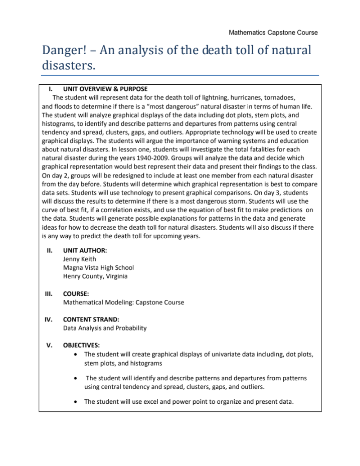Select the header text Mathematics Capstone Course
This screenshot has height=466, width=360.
click(x=273, y=33)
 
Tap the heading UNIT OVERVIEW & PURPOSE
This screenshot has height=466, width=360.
click(x=105, y=89)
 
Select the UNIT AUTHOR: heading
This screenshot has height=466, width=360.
click(x=85, y=250)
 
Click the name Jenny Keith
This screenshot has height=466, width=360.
click(x=79, y=259)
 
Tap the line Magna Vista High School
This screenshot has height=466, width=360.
click(x=98, y=267)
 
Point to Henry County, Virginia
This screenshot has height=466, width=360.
click(x=95, y=276)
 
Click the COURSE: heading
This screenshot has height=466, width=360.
click(x=77, y=294)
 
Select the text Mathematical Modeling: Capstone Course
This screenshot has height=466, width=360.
click(x=123, y=302)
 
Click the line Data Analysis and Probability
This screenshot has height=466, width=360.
click(x=105, y=328)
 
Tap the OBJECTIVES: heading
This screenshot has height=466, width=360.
click(x=81, y=345)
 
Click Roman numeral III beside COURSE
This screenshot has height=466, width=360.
click(x=49, y=294)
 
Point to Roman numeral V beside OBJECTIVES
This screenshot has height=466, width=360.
click(x=49, y=345)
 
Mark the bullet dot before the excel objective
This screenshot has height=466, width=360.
click(x=75, y=402)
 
